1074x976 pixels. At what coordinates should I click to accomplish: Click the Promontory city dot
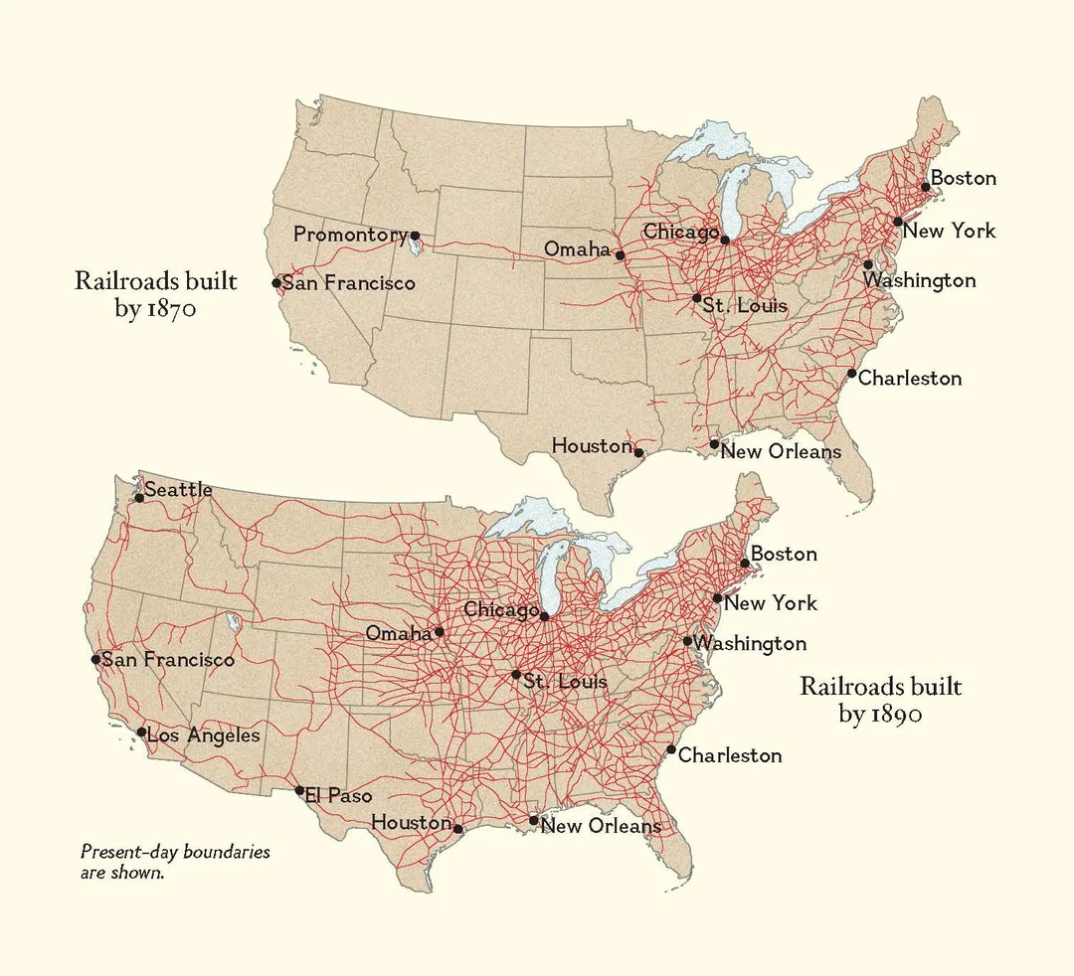(x=416, y=237)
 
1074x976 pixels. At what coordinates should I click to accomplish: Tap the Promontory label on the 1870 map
(x=350, y=235)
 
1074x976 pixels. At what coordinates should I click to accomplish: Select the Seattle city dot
(x=139, y=498)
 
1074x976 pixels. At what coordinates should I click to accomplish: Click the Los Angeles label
(x=203, y=735)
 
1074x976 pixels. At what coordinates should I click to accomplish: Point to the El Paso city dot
(x=299, y=791)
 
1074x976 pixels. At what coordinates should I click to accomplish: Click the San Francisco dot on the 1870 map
(x=276, y=283)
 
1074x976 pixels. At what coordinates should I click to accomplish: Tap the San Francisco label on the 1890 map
(x=168, y=659)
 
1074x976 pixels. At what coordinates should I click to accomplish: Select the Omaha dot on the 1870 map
(x=620, y=255)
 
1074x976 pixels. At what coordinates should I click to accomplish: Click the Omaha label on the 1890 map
(x=399, y=633)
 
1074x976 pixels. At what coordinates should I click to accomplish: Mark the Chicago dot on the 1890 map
(x=544, y=616)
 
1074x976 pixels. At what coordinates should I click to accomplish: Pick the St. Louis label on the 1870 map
(x=745, y=305)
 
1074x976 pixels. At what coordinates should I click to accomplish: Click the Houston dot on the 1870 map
(x=638, y=453)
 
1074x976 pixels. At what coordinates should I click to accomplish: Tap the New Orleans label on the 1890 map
(x=601, y=826)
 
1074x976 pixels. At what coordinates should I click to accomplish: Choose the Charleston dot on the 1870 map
(x=852, y=374)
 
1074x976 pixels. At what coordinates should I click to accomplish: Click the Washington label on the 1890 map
(x=750, y=643)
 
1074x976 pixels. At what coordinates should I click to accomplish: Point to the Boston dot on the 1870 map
(x=925, y=187)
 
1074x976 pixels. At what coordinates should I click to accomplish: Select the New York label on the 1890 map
(x=771, y=602)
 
